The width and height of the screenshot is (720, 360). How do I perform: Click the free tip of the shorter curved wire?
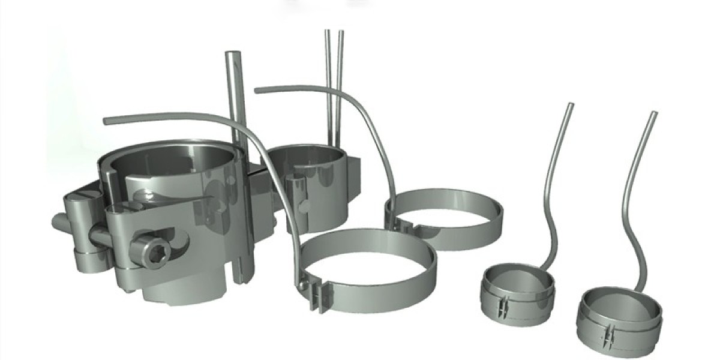(x=257, y=90)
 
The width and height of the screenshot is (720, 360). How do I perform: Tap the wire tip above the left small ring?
(x=570, y=106)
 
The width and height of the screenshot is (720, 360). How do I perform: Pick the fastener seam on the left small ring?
(x=503, y=304)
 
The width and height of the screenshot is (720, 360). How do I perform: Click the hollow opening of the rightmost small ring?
(x=619, y=304)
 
